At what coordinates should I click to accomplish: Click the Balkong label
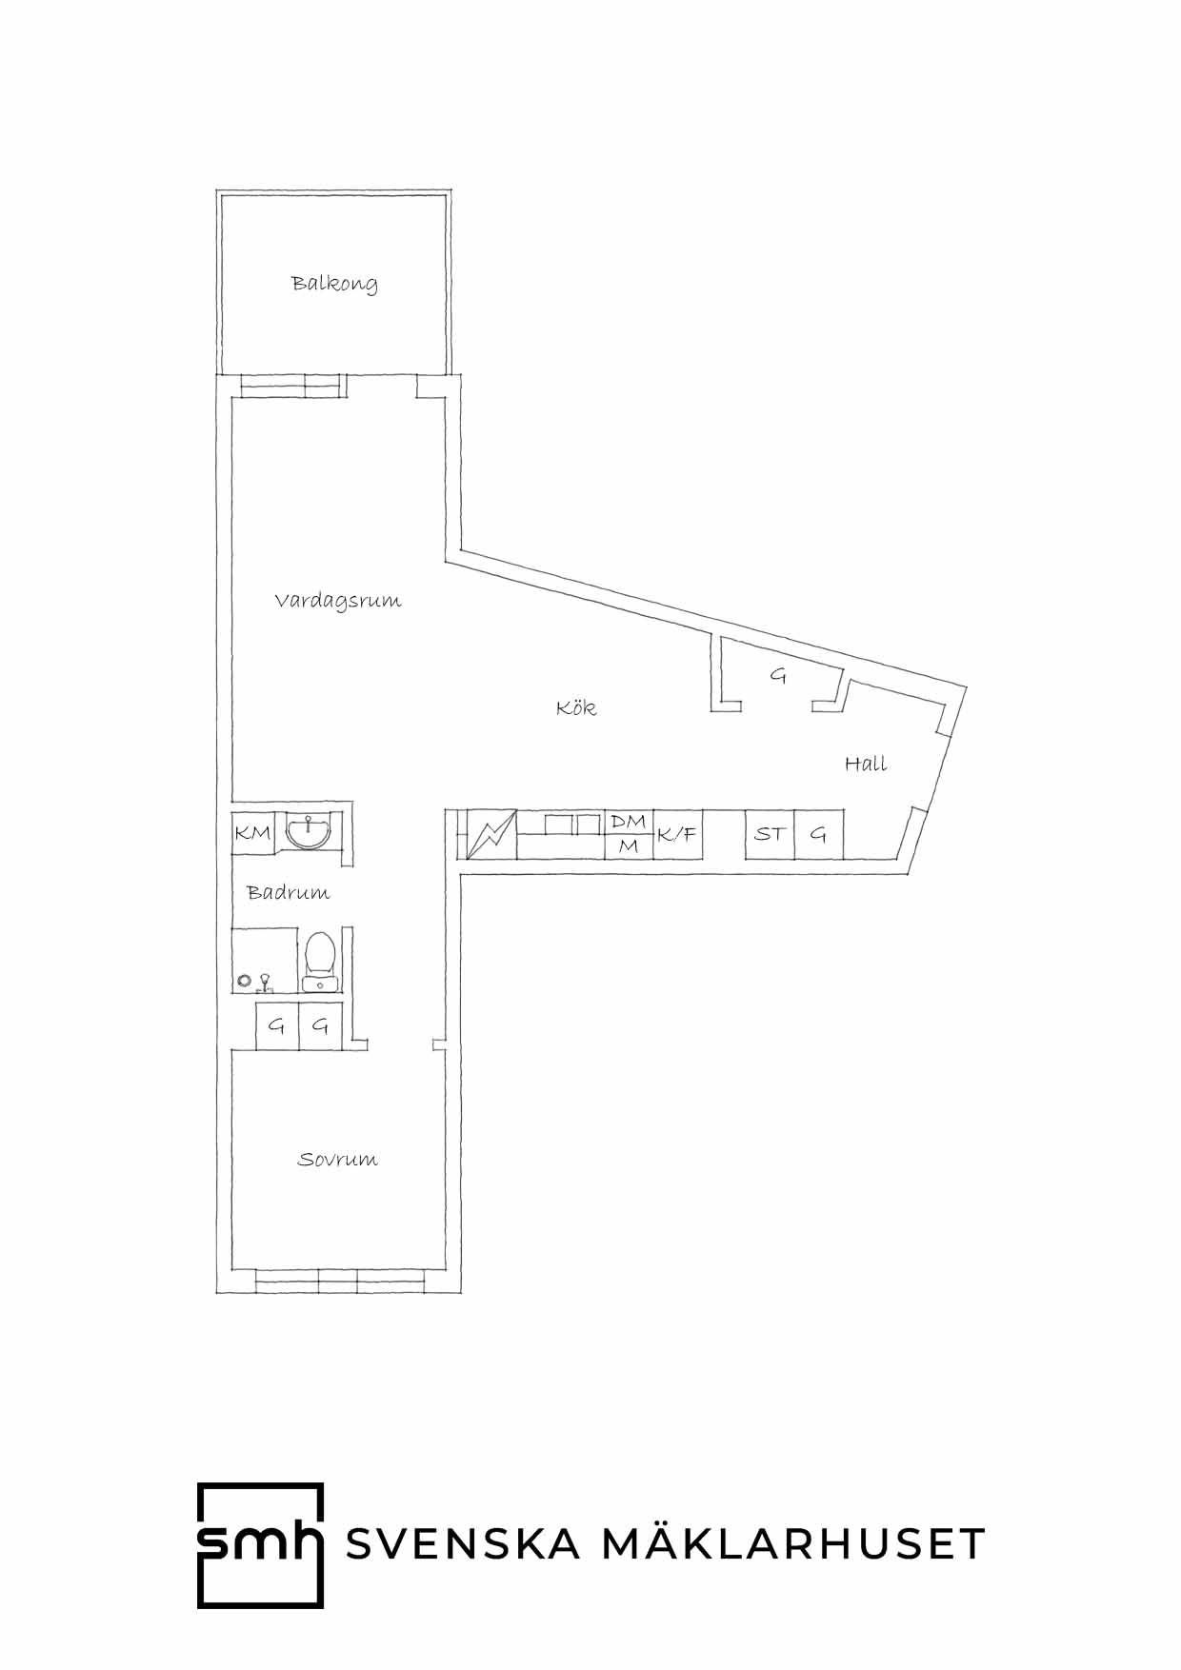click(x=334, y=284)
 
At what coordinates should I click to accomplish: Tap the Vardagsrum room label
click(x=338, y=601)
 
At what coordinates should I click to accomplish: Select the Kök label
click(x=576, y=707)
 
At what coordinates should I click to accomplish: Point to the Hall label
click(x=866, y=763)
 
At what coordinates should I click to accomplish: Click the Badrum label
click(x=288, y=892)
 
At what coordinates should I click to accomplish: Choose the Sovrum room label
click(x=337, y=1160)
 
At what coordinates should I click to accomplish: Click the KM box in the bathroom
click(x=252, y=833)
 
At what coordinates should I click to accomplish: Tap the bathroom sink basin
click(x=309, y=831)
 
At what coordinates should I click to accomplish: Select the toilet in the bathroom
click(x=319, y=960)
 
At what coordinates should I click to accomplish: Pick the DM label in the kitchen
click(x=628, y=821)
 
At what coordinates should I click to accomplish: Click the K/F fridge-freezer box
click(x=678, y=835)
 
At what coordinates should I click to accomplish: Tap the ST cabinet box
click(x=770, y=835)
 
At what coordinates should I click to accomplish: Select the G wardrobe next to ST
click(x=819, y=835)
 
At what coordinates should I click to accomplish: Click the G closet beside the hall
click(x=778, y=677)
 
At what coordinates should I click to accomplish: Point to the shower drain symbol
click(x=245, y=980)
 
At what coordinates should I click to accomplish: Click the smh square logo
click(x=260, y=1544)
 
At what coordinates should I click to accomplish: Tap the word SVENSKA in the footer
click(x=463, y=1544)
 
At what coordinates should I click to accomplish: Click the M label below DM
click(x=629, y=845)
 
